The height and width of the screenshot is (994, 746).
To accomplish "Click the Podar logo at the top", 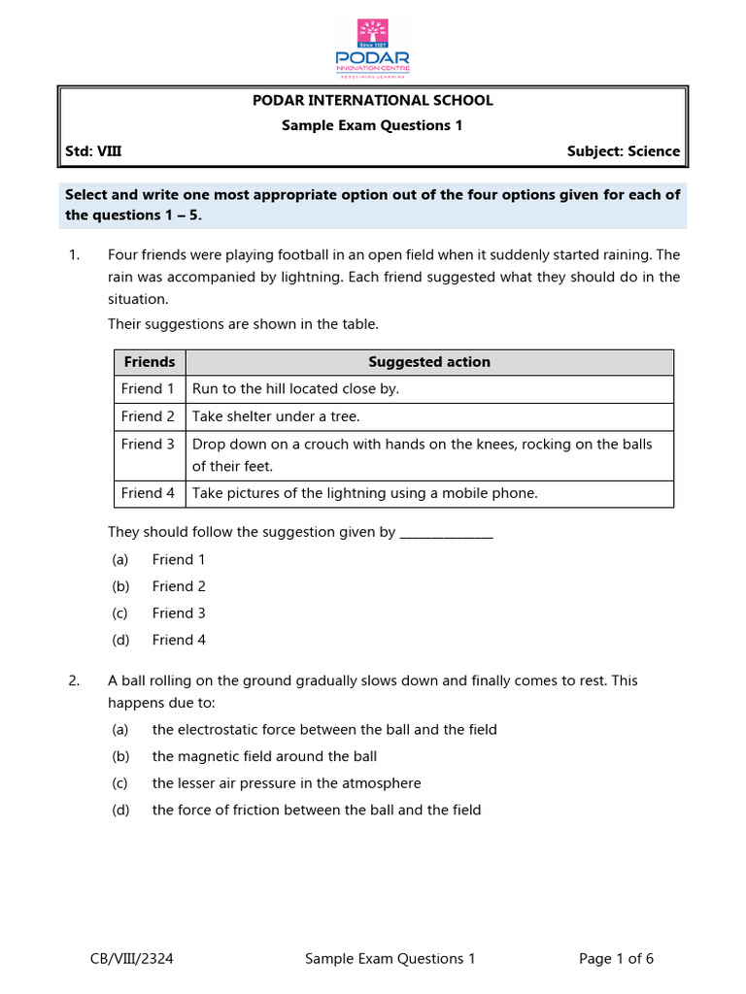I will (372, 48).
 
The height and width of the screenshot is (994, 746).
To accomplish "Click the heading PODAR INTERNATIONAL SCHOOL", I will (372, 100).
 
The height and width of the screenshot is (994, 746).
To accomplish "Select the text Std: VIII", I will (93, 151).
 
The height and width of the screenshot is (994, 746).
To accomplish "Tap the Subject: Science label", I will (623, 151).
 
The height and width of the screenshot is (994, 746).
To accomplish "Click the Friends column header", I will (150, 362).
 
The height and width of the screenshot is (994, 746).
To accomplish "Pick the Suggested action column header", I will (429, 362).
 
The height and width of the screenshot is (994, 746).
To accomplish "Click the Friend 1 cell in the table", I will (149, 389).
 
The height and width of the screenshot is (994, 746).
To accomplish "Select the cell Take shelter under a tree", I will (276, 416).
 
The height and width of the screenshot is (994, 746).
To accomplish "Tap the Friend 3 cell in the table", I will (149, 445).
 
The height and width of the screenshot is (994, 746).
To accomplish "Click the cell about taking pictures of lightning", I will (364, 493).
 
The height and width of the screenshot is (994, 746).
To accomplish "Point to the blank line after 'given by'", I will (446, 532).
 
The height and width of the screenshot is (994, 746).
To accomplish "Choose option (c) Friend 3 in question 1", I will (179, 613).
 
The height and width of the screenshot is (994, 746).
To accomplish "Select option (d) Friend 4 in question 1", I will (179, 641).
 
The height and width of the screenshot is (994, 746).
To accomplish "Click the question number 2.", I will (74, 681).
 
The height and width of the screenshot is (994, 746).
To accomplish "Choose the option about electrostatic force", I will (324, 730).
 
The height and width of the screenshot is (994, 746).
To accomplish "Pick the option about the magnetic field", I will (264, 756).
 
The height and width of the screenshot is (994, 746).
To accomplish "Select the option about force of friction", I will (317, 811).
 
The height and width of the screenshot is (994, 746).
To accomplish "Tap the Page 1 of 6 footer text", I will (616, 959).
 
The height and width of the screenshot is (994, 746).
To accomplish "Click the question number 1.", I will (74, 255).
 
